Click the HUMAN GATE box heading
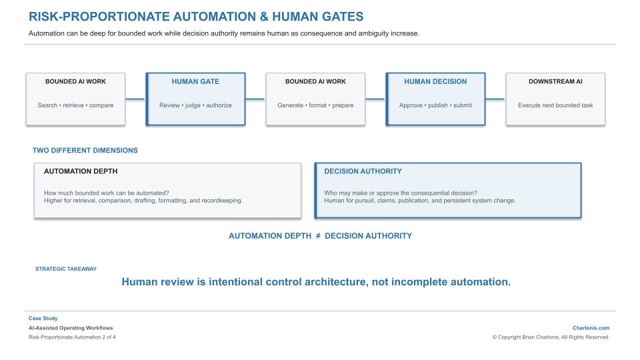195,81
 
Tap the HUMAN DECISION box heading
435,81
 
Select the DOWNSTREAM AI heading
555,81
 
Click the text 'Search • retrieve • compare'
75,105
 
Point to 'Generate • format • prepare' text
315,105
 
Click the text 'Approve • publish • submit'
435,105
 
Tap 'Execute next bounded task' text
555,105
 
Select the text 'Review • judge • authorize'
195,105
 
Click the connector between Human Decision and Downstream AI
495,99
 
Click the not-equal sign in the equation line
318,236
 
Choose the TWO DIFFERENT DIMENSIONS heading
85,151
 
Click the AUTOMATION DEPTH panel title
81,171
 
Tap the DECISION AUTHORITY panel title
363,171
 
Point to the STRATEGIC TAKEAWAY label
66,269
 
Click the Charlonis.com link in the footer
591,328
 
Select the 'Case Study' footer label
43,319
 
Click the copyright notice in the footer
551,337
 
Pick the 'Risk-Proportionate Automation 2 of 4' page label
72,337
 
